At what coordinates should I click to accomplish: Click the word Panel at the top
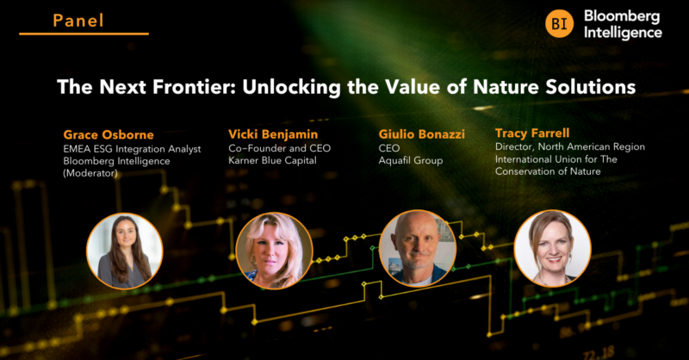tap(78, 21)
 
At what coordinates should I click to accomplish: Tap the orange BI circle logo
tap(559, 24)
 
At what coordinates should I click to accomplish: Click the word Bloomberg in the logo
tap(622, 16)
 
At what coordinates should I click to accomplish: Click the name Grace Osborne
tap(109, 134)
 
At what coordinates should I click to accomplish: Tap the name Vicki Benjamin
tap(273, 134)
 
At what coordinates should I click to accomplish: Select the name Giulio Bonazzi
tap(422, 134)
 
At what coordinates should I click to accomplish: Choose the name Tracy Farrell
tap(532, 133)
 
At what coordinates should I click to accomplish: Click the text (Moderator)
tap(90, 173)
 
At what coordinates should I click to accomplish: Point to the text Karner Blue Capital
tap(272, 160)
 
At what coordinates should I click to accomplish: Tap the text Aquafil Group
tap(411, 160)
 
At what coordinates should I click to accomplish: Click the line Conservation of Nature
tap(548, 171)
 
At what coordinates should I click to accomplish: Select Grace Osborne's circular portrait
tap(125, 251)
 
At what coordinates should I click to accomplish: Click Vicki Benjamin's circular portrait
tap(274, 251)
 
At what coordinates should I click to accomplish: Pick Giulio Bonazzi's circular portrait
tap(418, 249)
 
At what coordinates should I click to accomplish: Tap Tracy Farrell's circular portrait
tap(552, 248)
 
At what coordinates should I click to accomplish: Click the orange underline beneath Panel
tap(84, 34)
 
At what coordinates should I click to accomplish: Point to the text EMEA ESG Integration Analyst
tap(133, 149)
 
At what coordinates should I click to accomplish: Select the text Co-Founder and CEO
tap(279, 148)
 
